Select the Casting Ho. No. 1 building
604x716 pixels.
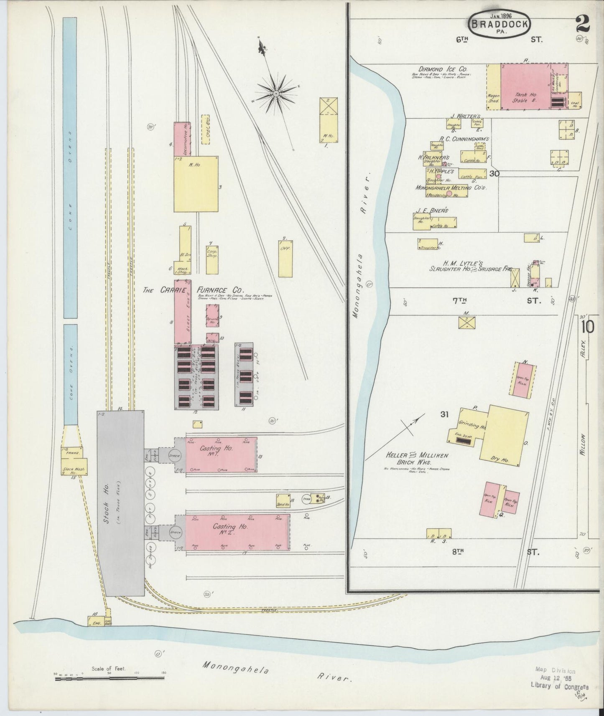click(221, 454)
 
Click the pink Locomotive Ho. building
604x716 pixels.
click(182, 139)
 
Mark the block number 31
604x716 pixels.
click(444, 414)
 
